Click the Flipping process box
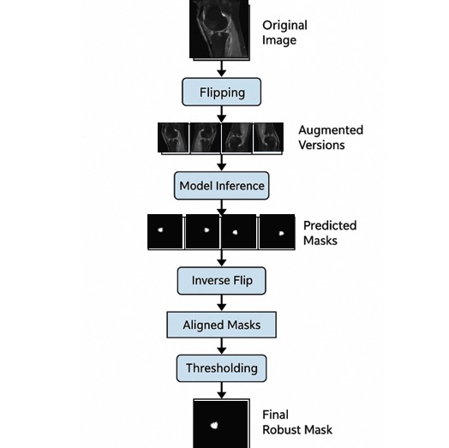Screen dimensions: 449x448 point(221,92)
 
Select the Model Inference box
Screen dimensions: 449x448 point(221,186)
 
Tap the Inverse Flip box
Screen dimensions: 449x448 point(221,281)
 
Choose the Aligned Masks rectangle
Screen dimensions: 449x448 point(221,325)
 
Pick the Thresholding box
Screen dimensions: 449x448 point(221,368)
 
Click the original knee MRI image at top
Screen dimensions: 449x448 point(219,30)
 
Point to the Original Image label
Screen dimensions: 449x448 point(284,33)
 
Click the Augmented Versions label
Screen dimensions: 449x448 point(331,137)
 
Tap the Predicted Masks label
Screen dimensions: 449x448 point(330,233)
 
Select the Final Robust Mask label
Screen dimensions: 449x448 point(297,422)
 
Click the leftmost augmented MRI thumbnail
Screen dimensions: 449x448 point(173,138)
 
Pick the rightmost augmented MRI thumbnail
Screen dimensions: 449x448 point(268,138)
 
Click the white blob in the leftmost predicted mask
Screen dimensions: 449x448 point(160,230)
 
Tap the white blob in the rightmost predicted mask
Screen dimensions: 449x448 point(282,233)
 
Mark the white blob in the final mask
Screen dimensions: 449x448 point(214,426)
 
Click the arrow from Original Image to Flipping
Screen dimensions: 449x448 point(221,69)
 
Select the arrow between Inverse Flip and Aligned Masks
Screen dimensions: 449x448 point(221,303)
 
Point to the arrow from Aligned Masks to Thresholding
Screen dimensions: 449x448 point(221,346)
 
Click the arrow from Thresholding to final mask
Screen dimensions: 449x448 point(221,391)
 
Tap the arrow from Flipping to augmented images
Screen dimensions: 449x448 point(221,114)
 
